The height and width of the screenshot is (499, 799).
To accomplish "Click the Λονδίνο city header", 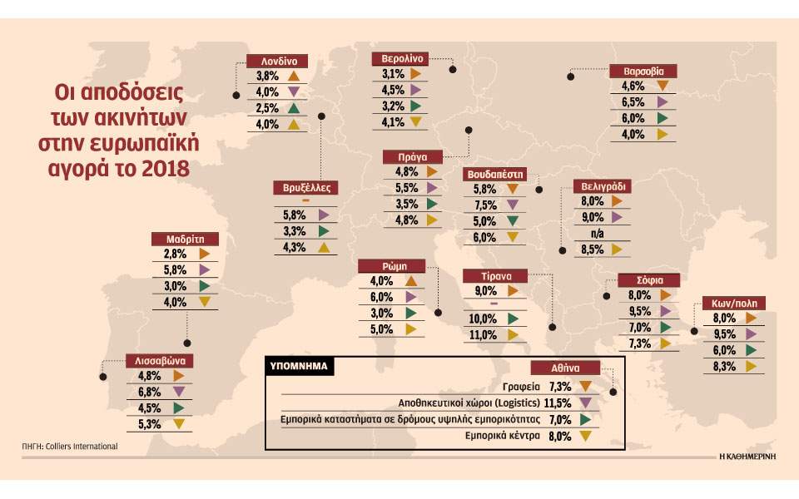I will (279, 61).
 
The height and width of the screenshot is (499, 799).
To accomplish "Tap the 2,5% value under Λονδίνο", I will (266, 109).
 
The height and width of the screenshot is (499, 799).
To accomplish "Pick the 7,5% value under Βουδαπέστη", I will (484, 205).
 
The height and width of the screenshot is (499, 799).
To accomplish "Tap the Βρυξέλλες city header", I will (305, 188).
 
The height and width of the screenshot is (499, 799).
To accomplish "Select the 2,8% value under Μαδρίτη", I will (175, 254).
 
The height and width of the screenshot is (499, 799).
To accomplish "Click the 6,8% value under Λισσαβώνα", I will (150, 392).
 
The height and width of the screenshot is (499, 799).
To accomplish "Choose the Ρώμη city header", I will (393, 266).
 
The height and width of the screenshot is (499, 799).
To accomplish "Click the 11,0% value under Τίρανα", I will (483, 335).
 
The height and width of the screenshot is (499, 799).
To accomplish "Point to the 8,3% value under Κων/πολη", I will (724, 366).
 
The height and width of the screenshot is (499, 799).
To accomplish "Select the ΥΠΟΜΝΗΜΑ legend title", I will (298, 364).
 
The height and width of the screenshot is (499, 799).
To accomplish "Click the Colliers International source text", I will (80, 447).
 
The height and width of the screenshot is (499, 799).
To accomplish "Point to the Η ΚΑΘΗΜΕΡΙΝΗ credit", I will (746, 457).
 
